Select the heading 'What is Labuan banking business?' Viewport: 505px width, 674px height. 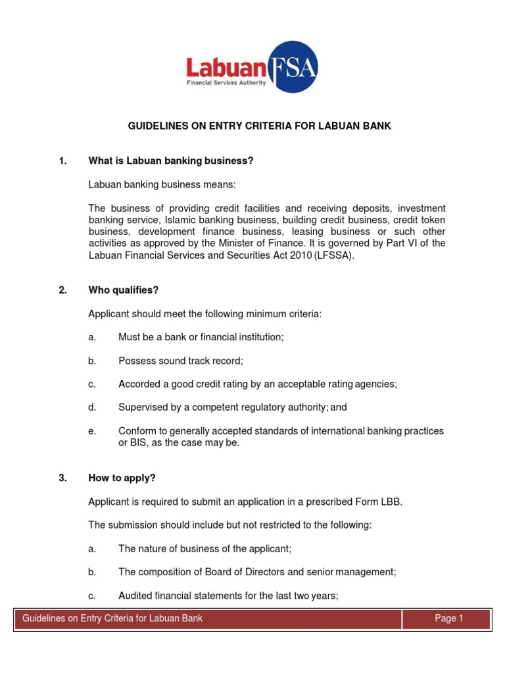[171, 161]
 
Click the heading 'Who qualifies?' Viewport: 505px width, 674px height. [124, 290]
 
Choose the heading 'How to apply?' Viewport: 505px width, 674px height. [122, 479]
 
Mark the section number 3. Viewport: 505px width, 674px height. [62, 479]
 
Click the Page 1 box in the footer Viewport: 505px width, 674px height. [449, 619]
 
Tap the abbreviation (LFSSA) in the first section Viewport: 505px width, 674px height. [333, 256]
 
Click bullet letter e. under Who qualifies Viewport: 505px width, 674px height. [92, 431]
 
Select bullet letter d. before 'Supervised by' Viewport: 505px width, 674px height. [92, 407]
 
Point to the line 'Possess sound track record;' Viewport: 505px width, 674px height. [181, 361]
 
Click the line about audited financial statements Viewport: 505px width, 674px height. [228, 596]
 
